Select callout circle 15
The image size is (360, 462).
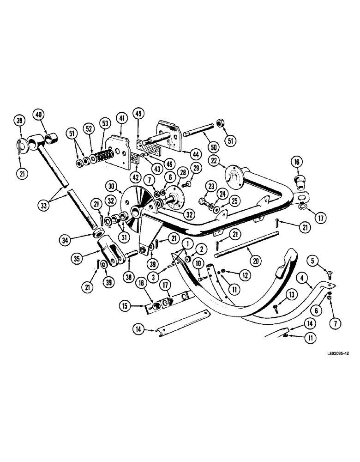[x=125, y=305]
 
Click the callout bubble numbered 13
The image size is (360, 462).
[x=292, y=293]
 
